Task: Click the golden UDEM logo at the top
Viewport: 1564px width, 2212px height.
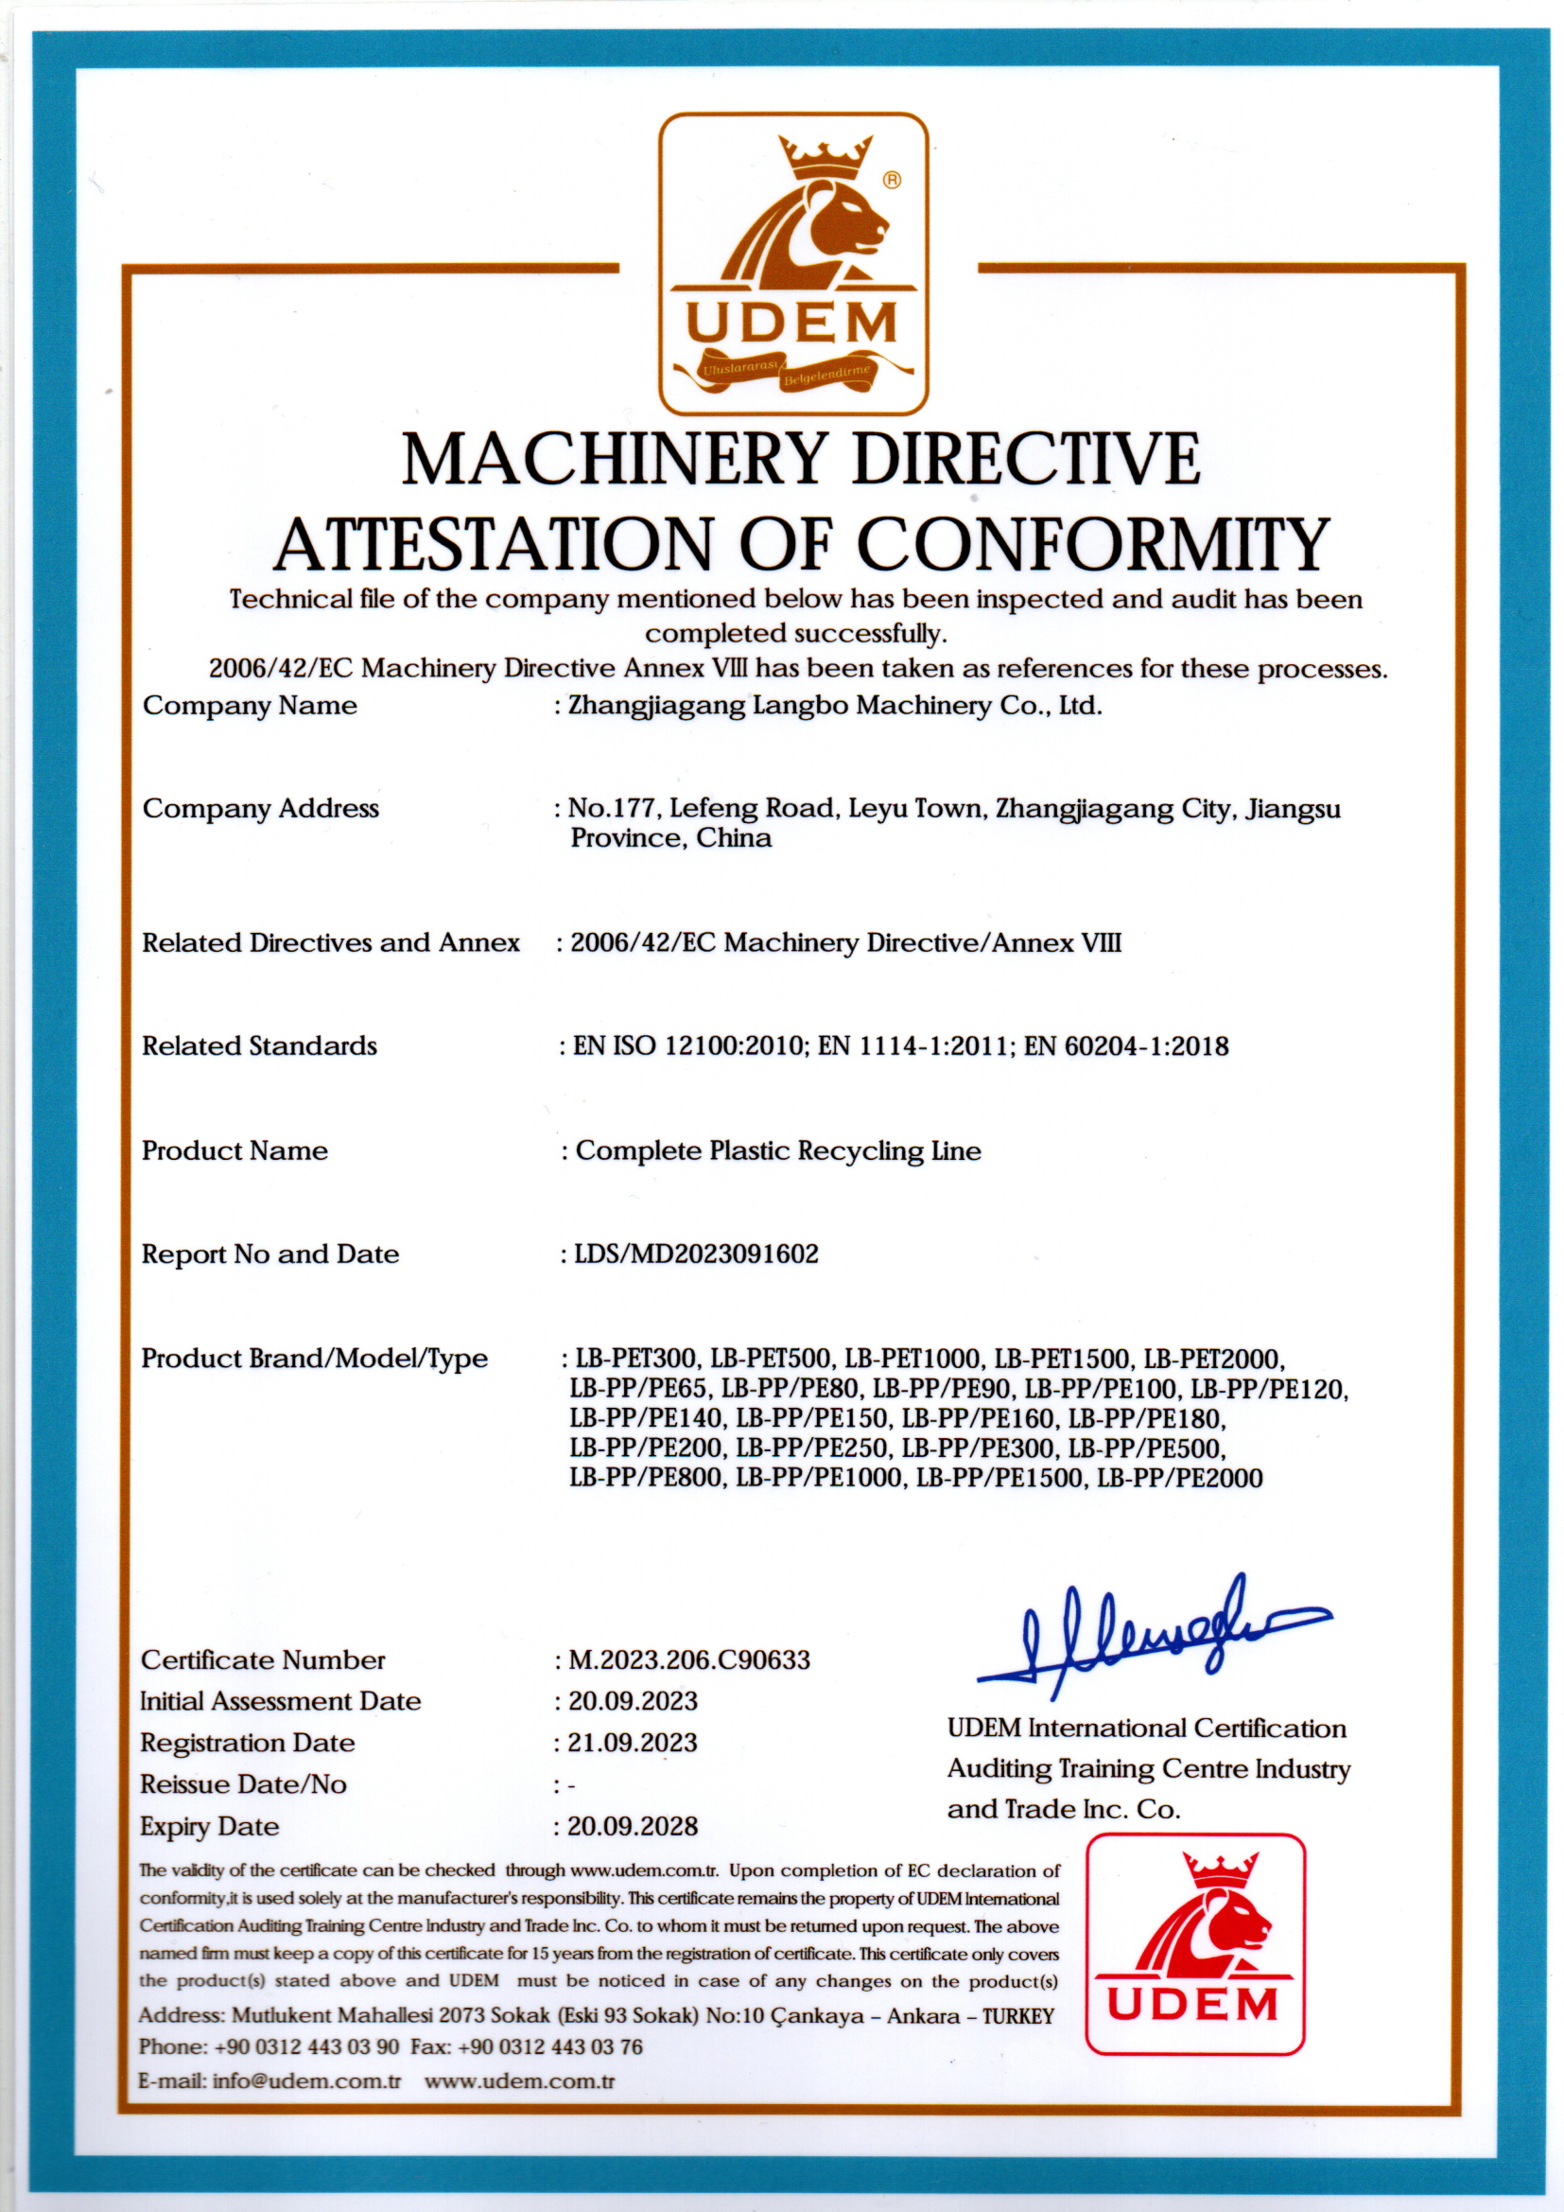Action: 792,263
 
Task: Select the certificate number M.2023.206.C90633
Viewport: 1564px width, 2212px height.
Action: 689,1660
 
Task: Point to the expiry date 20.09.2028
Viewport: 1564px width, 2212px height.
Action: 633,1826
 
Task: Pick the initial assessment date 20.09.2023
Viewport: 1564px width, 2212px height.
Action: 633,1700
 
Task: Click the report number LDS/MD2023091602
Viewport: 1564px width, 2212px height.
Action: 696,1254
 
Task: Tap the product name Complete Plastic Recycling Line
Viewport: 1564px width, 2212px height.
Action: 778,1150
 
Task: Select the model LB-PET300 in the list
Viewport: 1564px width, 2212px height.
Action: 635,1359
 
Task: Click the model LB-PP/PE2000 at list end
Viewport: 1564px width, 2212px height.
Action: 1180,1478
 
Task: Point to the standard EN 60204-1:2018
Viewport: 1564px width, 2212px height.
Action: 1126,1046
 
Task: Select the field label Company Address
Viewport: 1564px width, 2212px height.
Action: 261,808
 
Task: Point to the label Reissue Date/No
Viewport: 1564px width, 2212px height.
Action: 243,1784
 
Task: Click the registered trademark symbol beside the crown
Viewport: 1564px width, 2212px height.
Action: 892,179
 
